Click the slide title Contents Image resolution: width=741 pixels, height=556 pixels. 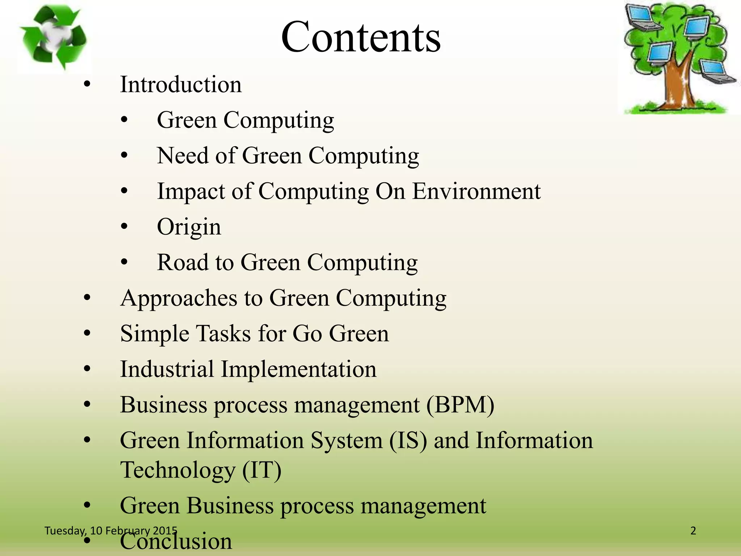[x=361, y=37]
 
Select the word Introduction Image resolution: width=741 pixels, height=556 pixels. [x=181, y=84]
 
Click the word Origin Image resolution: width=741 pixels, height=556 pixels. [x=189, y=227]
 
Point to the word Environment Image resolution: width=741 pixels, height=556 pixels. [x=476, y=191]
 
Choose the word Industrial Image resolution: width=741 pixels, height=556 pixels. [x=167, y=369]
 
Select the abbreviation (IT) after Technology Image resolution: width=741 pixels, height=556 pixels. [x=262, y=470]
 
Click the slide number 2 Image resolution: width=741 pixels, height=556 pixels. [x=693, y=531]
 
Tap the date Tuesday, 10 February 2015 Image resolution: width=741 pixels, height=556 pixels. [x=111, y=531]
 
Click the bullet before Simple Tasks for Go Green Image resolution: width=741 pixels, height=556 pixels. [x=87, y=334]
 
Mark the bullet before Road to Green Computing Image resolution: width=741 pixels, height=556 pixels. [x=124, y=262]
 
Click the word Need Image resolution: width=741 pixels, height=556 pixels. [x=183, y=156]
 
